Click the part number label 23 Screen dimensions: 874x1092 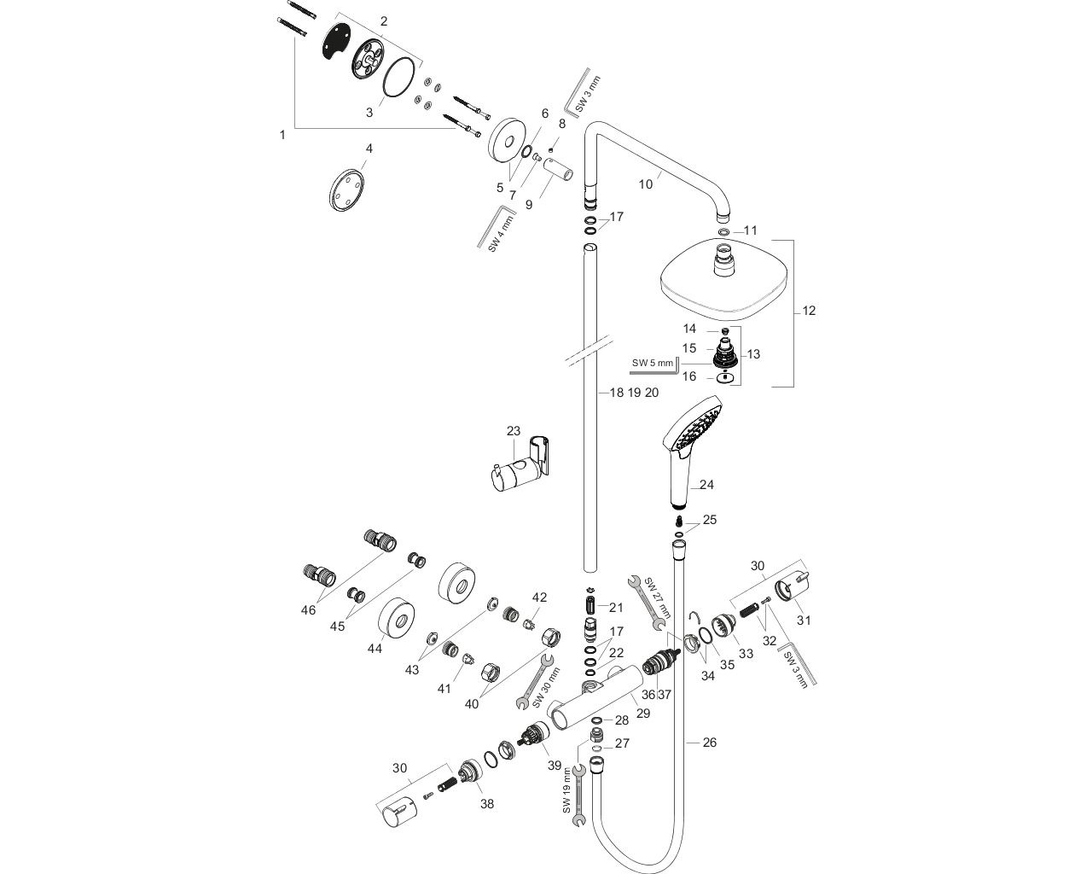513,431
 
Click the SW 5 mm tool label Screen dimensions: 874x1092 653,364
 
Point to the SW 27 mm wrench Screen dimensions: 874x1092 647,602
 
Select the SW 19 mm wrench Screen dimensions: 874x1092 578,794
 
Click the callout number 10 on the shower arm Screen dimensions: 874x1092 646,184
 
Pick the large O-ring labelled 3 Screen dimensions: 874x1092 400,79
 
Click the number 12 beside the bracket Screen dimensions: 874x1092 809,311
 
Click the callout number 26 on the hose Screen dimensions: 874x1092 709,743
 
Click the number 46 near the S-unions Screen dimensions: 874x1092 308,609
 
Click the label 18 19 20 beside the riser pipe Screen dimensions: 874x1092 635,393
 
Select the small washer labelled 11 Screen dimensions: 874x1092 723,231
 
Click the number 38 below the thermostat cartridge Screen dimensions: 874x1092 487,803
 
